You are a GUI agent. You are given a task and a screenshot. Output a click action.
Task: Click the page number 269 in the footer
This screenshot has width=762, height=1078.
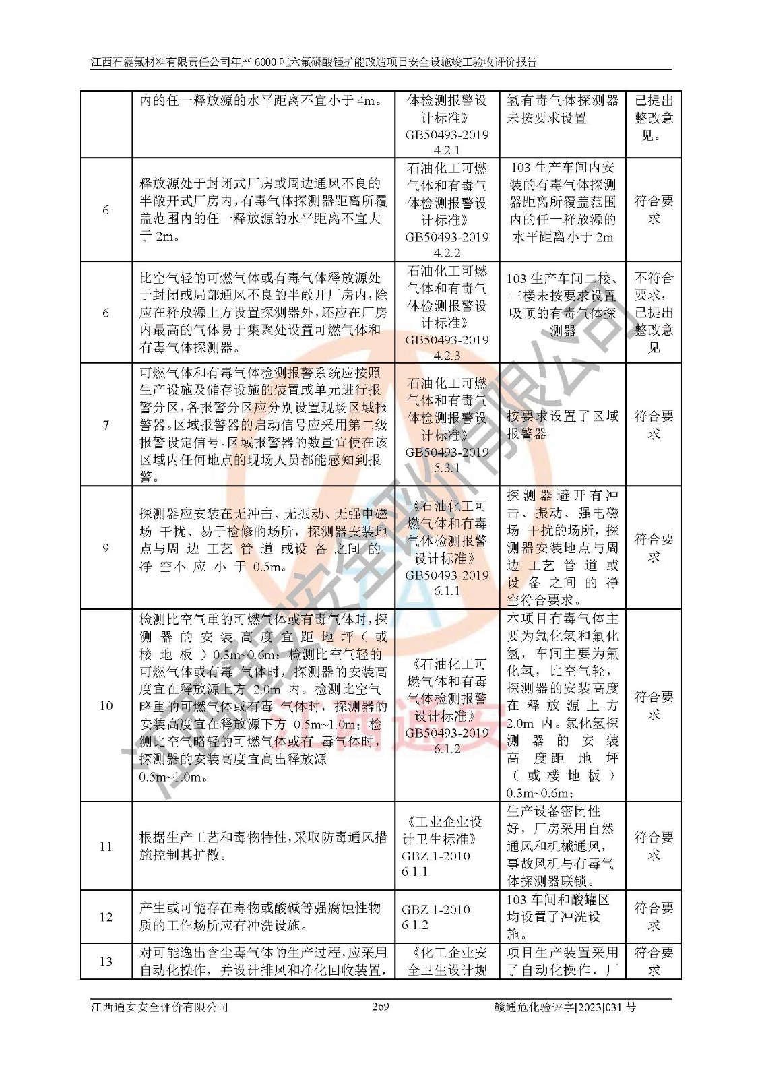381,1007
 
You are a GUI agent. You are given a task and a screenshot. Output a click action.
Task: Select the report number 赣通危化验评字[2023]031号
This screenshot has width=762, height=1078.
565,1007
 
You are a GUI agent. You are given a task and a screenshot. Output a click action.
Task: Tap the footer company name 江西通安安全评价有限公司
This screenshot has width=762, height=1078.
160,1007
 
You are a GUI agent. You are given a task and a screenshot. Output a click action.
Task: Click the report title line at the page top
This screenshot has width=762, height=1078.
314,62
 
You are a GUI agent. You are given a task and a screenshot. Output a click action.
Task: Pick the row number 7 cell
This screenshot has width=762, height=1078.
106,425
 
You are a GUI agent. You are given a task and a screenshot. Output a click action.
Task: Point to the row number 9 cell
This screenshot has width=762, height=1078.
106,548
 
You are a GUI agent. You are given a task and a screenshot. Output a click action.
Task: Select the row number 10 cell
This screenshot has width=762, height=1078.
106,705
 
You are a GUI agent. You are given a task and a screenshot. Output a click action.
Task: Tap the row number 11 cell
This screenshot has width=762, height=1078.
106,846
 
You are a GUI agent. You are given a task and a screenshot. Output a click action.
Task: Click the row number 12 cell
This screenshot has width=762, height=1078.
106,917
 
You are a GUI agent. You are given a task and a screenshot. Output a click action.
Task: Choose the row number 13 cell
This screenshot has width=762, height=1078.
106,961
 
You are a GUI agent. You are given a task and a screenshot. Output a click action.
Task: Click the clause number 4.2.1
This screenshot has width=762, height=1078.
447,150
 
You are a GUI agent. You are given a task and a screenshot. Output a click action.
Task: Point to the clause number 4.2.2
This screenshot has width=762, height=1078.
447,253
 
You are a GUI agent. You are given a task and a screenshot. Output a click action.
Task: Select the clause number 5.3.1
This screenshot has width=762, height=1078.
447,468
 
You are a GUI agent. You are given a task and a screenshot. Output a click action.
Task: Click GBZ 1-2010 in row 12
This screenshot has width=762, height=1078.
436,909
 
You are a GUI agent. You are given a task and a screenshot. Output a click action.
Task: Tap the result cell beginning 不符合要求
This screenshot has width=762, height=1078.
654,313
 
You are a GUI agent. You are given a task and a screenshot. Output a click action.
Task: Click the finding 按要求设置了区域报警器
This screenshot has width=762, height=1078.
563,425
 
